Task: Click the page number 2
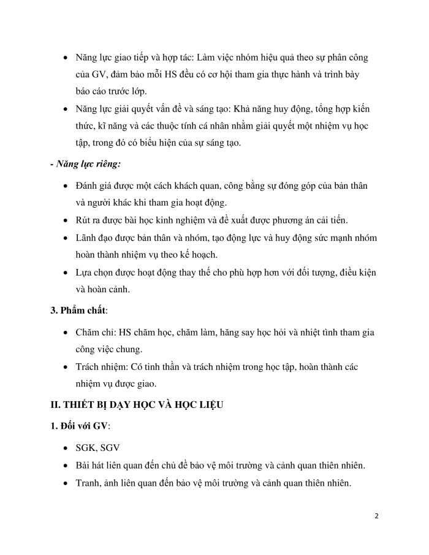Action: pyautogui.click(x=376, y=516)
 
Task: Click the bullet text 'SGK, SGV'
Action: pyautogui.click(x=98, y=448)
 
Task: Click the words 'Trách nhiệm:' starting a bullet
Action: pyautogui.click(x=101, y=366)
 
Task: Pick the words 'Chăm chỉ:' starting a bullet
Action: pyautogui.click(x=96, y=332)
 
